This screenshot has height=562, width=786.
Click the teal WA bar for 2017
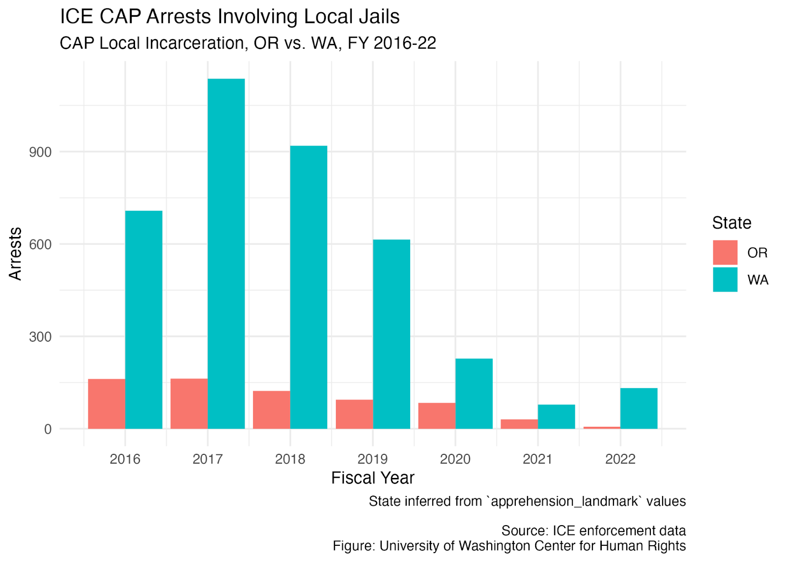pos(226,254)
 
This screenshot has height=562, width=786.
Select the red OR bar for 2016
pos(107,404)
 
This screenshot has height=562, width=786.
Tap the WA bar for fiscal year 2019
pos(391,334)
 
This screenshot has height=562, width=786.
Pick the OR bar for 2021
pos(519,424)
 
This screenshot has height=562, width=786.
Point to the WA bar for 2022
pos(639,409)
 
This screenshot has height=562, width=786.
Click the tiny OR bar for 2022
pos(602,428)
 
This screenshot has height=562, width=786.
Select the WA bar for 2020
pos(474,394)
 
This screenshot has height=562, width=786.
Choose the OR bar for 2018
pos(272,410)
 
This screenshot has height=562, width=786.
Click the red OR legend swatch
pos(725,253)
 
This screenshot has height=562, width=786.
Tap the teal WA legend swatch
pos(725,280)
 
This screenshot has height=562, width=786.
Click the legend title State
pos(731,223)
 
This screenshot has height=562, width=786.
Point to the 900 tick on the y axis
pos(40,152)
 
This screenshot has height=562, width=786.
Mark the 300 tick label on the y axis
pos(40,337)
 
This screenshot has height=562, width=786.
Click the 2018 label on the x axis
pos(290,459)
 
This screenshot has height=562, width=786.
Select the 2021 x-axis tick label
pos(537,459)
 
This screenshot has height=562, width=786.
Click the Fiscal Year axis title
pos(373,478)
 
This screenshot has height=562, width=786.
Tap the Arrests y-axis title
pos(15,254)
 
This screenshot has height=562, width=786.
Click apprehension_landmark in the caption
pos(564,502)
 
